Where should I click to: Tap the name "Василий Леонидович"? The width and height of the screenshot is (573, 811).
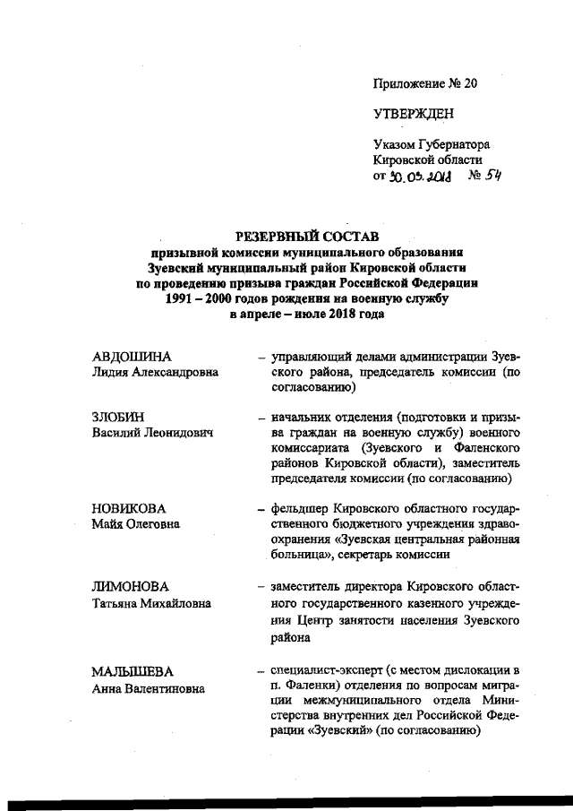point(151,433)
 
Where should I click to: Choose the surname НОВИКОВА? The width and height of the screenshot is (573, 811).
point(129,508)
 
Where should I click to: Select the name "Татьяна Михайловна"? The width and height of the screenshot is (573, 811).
point(151,603)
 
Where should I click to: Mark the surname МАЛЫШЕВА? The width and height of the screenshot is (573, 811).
point(133,671)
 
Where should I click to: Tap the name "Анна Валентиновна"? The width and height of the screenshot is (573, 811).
point(148,688)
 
